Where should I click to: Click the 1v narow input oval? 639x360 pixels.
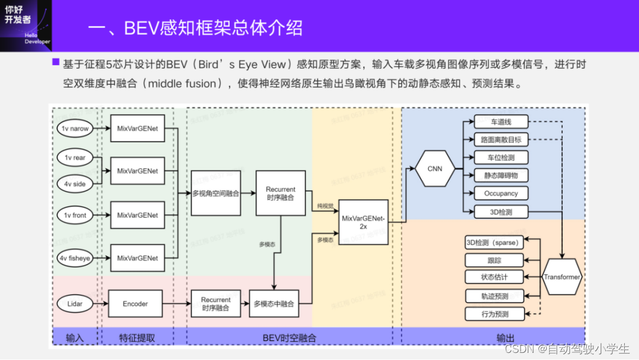(75, 128)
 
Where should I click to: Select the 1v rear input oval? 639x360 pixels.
(75, 158)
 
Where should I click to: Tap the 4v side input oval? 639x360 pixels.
(75, 184)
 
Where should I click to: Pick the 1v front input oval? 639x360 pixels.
(75, 216)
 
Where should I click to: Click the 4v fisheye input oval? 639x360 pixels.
(75, 258)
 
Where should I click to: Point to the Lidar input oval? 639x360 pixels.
(75, 304)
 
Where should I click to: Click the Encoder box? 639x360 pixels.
(135, 304)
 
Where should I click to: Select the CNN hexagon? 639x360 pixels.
(435, 169)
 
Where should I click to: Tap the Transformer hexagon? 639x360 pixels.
(561, 277)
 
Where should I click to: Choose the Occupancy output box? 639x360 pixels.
(501, 194)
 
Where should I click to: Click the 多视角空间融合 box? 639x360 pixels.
(216, 194)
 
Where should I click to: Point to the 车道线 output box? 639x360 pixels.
(501, 123)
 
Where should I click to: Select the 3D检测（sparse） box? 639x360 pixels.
(493, 243)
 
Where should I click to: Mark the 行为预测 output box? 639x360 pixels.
(495, 314)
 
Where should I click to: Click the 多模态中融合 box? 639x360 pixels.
(273, 304)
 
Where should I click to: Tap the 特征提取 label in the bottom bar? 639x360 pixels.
(137, 338)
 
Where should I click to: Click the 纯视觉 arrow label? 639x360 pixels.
(325, 206)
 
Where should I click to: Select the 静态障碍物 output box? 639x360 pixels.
(501, 176)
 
